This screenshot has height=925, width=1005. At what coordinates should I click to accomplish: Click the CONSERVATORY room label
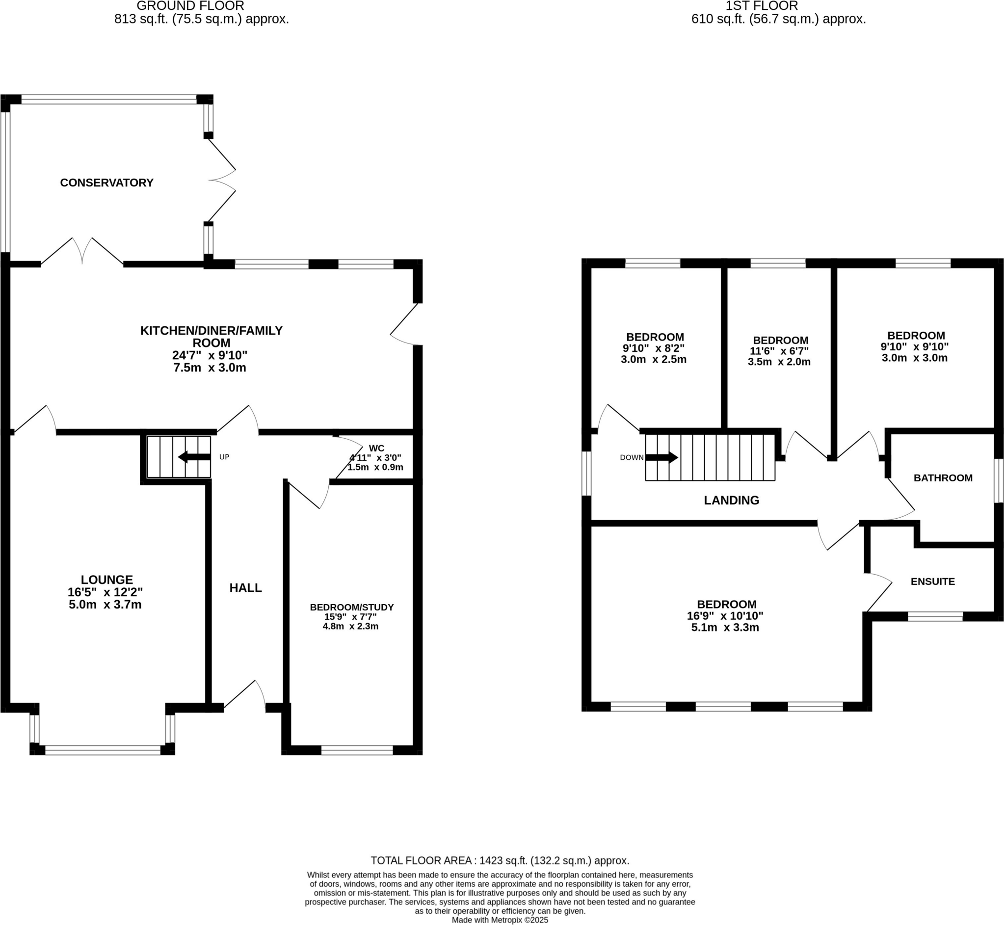[106, 183]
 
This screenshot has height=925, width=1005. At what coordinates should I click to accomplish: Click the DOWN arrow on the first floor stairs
[661, 457]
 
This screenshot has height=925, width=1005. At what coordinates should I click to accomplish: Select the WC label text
[376, 448]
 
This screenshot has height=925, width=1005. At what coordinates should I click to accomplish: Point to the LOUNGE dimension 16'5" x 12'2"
[105, 592]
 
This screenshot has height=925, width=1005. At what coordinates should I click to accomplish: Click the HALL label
[245, 588]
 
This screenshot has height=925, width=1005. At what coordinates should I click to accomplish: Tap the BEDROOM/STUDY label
[352, 608]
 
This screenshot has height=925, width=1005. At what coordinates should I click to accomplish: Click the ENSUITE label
[932, 581]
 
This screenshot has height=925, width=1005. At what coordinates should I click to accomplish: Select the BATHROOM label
[943, 478]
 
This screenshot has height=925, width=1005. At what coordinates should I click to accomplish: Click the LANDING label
[731, 501]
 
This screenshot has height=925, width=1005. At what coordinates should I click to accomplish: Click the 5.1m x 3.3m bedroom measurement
[725, 628]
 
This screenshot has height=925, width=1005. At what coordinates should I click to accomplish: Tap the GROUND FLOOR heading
[190, 6]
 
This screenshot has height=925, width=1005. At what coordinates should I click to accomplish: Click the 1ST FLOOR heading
[762, 6]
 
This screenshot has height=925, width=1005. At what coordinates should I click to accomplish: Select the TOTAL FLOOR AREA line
[500, 860]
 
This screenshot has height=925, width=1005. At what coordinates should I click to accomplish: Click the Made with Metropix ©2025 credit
[500, 920]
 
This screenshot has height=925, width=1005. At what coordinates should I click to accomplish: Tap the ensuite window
[935, 617]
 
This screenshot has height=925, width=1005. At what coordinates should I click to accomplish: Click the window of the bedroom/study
[357, 750]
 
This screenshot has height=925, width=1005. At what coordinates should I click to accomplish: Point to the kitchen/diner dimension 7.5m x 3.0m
[210, 368]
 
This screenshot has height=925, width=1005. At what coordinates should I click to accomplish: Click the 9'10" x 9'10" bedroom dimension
[914, 346]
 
